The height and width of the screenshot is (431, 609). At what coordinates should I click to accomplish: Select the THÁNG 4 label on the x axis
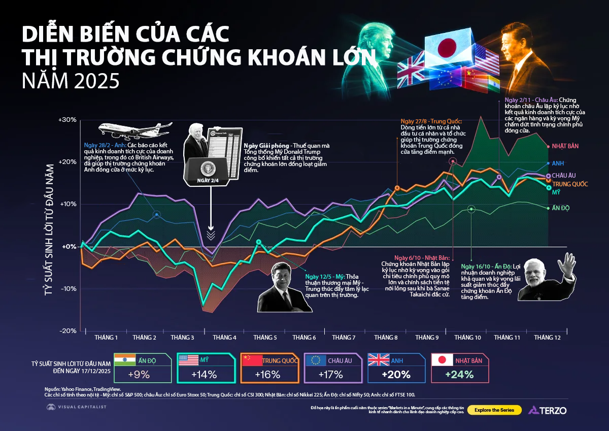[x=224, y=338]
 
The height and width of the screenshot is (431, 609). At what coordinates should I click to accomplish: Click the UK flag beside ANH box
[x=379, y=360]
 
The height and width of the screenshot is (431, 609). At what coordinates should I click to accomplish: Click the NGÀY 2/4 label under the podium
[x=208, y=181]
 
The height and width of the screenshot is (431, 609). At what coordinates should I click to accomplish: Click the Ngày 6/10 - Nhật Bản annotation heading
[x=417, y=258]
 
